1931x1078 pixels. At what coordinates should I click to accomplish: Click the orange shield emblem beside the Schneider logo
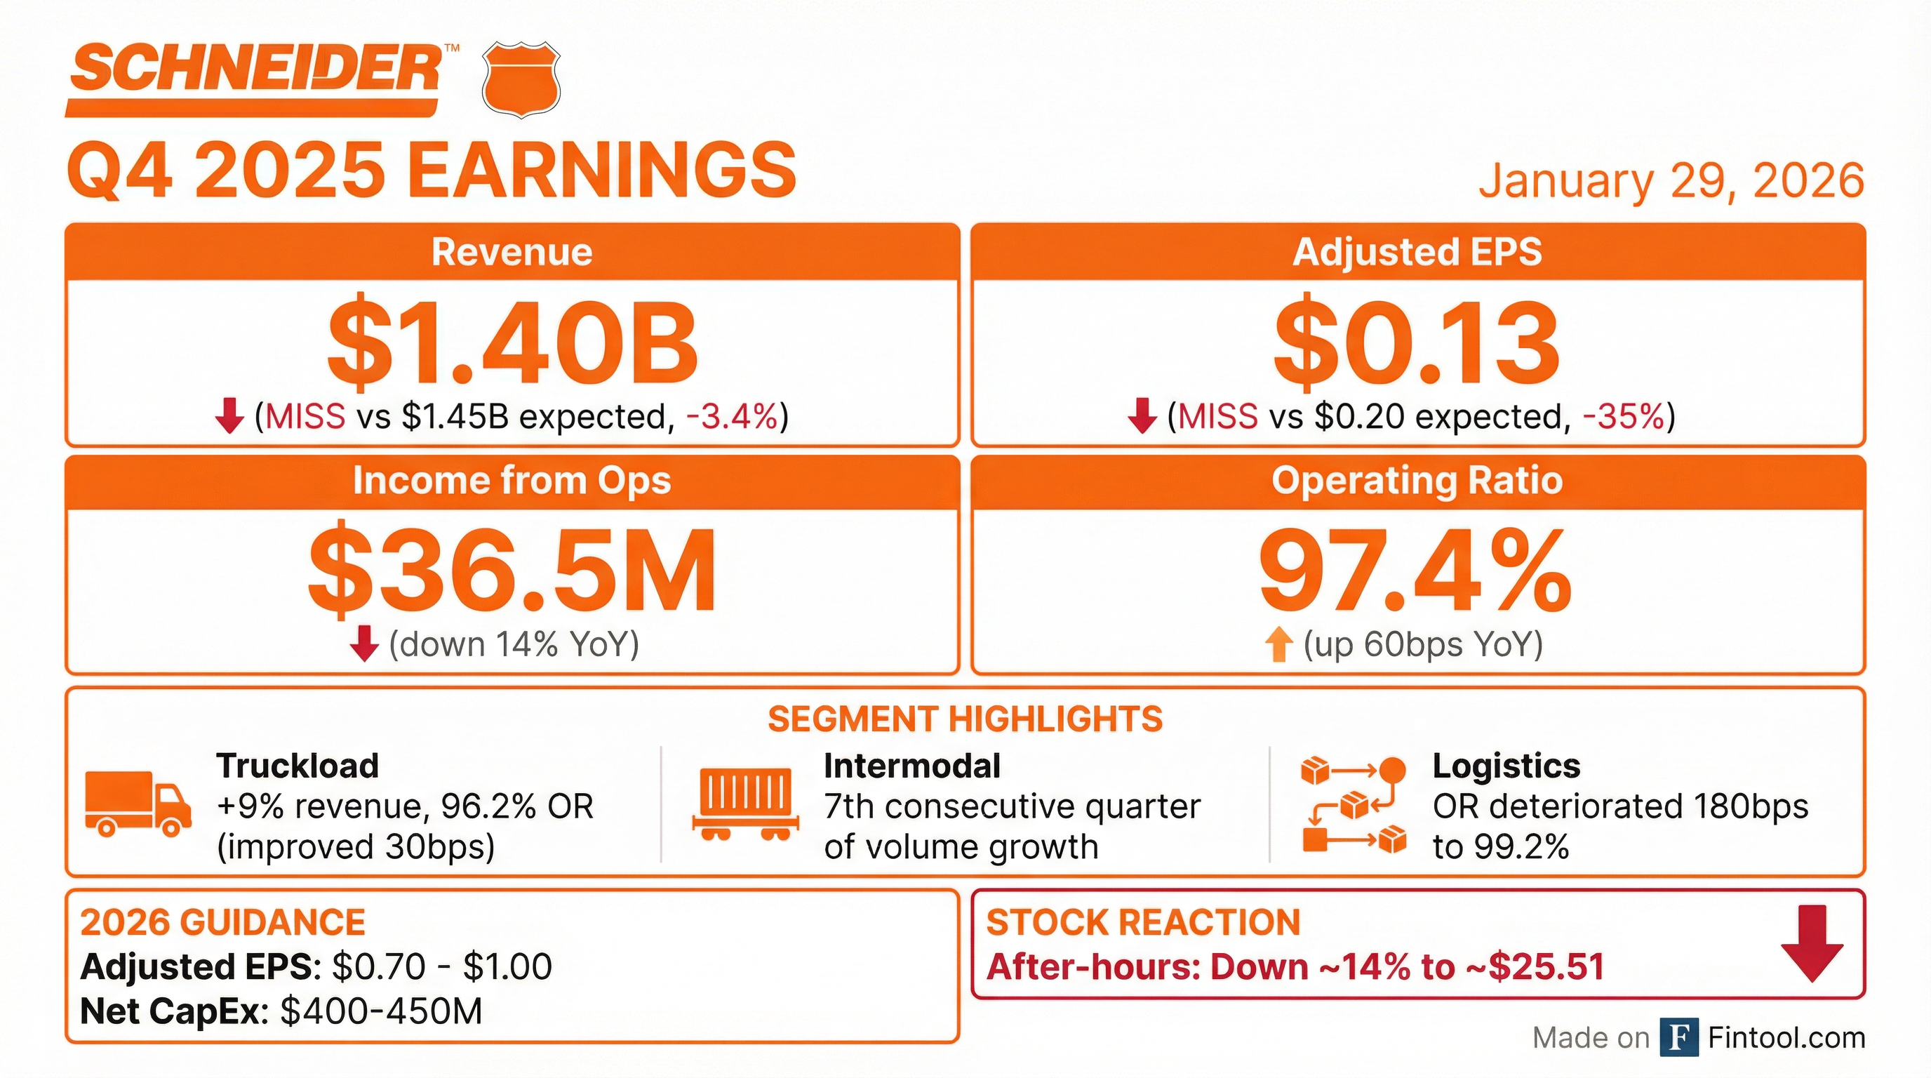tap(520, 79)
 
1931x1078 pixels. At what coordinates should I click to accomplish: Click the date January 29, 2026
tap(1671, 180)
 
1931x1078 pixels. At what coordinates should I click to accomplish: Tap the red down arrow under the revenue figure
tap(229, 416)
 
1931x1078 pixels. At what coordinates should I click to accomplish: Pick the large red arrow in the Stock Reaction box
tap(1812, 943)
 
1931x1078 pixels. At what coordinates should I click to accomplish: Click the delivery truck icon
tap(138, 804)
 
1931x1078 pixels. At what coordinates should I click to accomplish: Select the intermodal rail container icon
tap(744, 804)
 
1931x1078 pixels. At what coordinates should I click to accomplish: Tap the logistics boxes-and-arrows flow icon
tap(1354, 805)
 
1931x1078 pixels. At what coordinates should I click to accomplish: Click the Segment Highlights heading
tap(965, 719)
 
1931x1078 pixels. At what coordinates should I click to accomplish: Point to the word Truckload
tap(298, 766)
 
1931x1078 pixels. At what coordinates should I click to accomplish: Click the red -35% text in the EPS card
tap(1624, 417)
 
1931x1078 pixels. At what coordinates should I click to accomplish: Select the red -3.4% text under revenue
tap(732, 417)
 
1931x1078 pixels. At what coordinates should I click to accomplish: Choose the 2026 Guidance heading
tap(222, 922)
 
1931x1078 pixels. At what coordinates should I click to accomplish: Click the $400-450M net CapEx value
tap(382, 1011)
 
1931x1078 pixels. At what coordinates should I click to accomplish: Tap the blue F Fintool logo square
tap(1678, 1037)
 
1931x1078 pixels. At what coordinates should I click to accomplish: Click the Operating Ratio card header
tap(1417, 481)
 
